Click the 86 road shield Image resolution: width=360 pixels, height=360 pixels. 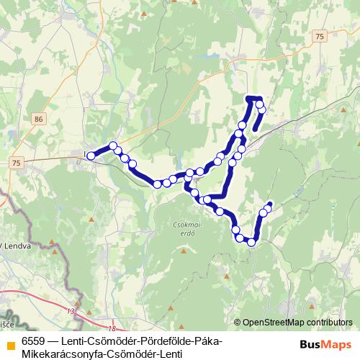[38, 118]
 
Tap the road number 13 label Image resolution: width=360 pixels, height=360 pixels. [70, 311]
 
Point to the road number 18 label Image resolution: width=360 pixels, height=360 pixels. [113, 328]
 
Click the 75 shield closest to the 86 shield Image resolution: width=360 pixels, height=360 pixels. [16, 164]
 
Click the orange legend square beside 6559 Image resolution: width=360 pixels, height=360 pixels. [10, 342]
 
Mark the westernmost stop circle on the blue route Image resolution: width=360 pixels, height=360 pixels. [91, 156]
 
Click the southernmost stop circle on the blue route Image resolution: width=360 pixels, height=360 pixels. [251, 243]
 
